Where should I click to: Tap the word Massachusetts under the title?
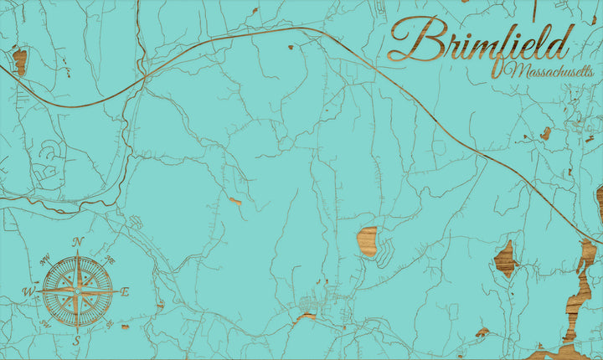tap(549, 71)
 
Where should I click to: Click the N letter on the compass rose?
tap(77, 242)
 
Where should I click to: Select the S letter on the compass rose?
tap(76, 341)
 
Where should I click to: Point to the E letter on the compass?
tap(125, 291)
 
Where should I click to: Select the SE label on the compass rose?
tap(110, 326)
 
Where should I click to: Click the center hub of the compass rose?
tap(76, 291)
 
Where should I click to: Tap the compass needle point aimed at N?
tap(77, 255)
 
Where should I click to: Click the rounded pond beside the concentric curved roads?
tap(367, 240)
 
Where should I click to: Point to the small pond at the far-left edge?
tap(19, 60)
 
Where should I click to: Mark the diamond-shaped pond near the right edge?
tap(504, 259)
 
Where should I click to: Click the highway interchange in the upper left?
tap(144, 77)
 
